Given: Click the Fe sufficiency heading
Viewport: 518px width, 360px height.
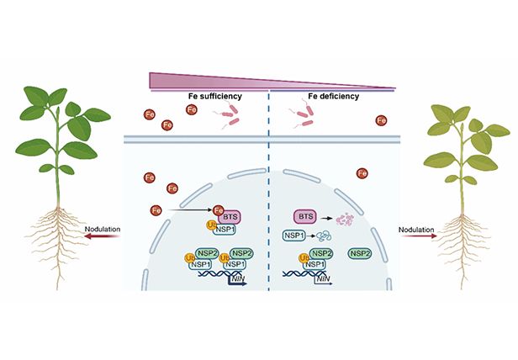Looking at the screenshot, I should (214, 97).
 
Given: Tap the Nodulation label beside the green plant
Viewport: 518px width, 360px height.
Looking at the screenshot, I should (102, 227).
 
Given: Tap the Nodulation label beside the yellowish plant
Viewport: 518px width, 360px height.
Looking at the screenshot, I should (418, 227).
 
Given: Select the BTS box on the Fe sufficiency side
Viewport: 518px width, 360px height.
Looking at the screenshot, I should (230, 215).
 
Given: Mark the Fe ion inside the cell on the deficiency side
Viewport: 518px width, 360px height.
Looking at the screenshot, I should (363, 174).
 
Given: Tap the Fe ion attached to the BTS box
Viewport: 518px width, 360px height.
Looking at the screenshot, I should (218, 209).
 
